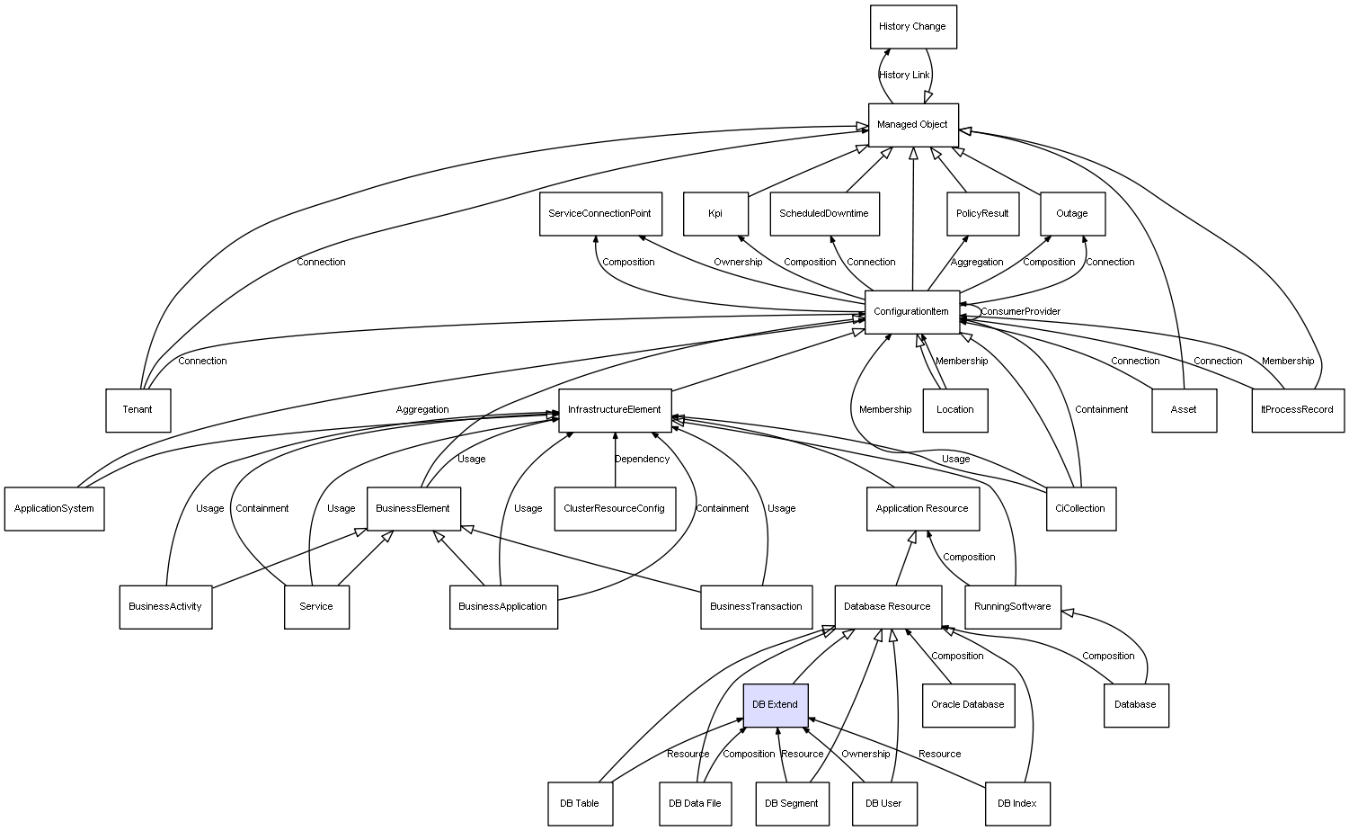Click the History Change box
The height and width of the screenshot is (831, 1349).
912,27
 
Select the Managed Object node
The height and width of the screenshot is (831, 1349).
912,125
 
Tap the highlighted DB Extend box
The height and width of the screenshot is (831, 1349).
775,704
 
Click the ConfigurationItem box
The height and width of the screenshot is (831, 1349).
911,312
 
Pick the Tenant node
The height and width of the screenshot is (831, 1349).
138,410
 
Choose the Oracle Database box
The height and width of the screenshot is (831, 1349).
968,704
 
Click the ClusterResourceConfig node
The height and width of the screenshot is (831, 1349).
614,508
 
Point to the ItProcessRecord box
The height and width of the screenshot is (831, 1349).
1297,410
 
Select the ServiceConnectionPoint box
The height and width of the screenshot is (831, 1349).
599,214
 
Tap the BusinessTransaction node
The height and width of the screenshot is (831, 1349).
756,606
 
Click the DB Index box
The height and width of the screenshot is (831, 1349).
1016,803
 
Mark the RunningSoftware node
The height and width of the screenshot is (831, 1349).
1012,606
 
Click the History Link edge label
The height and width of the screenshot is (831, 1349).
904,76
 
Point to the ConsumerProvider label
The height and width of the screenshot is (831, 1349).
1020,312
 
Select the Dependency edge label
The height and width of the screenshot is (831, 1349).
642,460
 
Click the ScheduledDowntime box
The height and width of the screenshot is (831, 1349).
824,214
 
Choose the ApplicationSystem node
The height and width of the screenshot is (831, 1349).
54,508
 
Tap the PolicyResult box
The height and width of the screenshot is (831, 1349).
982,214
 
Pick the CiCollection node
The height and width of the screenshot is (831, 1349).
1080,508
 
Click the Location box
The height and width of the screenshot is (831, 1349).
954,410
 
